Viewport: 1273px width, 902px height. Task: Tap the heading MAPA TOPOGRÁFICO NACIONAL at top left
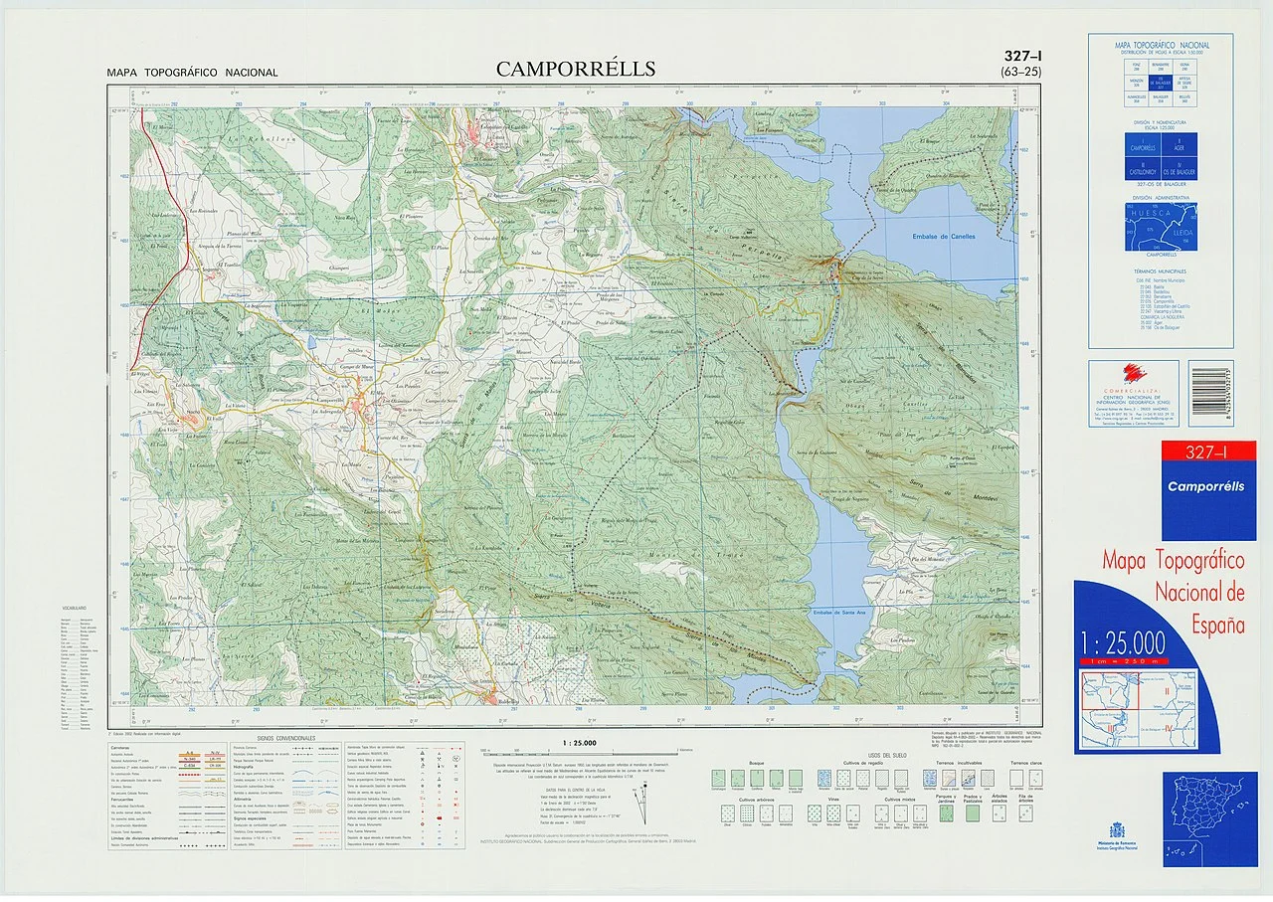pyautogui.click(x=193, y=73)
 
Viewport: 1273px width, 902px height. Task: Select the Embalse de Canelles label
pyautogui.click(x=944, y=237)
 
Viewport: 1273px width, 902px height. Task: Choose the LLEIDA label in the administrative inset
pyautogui.click(x=1182, y=227)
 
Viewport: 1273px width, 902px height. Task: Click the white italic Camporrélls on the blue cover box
pyautogui.click(x=1205, y=487)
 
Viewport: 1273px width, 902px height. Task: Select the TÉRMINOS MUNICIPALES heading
pyautogui.click(x=1161, y=271)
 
